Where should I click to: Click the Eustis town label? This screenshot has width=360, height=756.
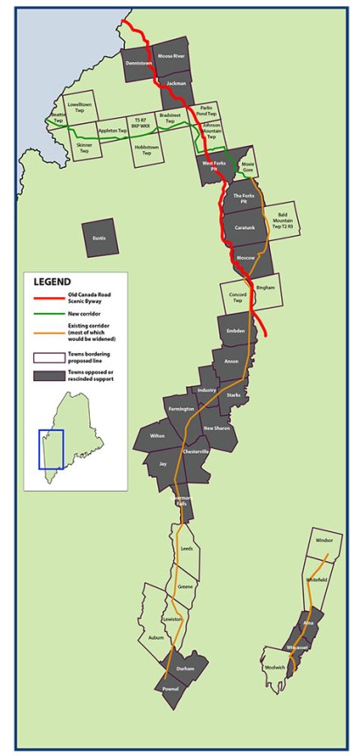pos(100,235)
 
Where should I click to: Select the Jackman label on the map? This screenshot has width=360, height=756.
pos(177,83)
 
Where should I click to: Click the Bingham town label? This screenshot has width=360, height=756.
pos(264,287)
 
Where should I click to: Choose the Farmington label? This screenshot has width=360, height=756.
pos(181,408)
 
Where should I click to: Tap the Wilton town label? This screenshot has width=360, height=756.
pos(156,435)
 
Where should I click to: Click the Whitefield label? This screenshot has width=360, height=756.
pos(315,579)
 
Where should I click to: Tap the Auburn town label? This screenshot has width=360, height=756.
pos(156,639)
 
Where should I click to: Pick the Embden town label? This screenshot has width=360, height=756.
pos(236,330)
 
